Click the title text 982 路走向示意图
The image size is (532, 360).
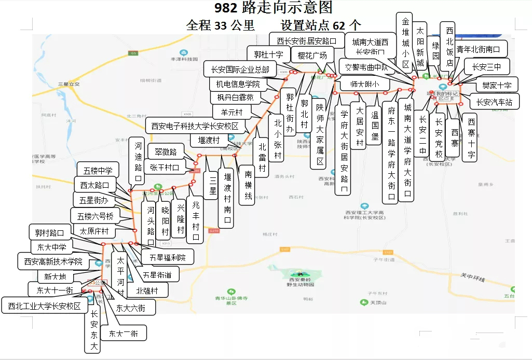[x=274, y=8]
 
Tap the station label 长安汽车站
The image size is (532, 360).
[x=494, y=102]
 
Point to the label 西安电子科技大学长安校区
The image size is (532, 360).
[x=195, y=126]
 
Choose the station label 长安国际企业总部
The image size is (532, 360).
[x=240, y=69]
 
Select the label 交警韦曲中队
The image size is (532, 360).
[x=366, y=67]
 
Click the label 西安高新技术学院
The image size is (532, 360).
[x=53, y=261]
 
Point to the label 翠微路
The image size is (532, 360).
[x=162, y=152]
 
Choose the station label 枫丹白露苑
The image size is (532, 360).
[x=232, y=98]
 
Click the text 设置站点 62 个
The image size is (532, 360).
[x=321, y=25]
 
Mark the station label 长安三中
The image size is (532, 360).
[x=487, y=66]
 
